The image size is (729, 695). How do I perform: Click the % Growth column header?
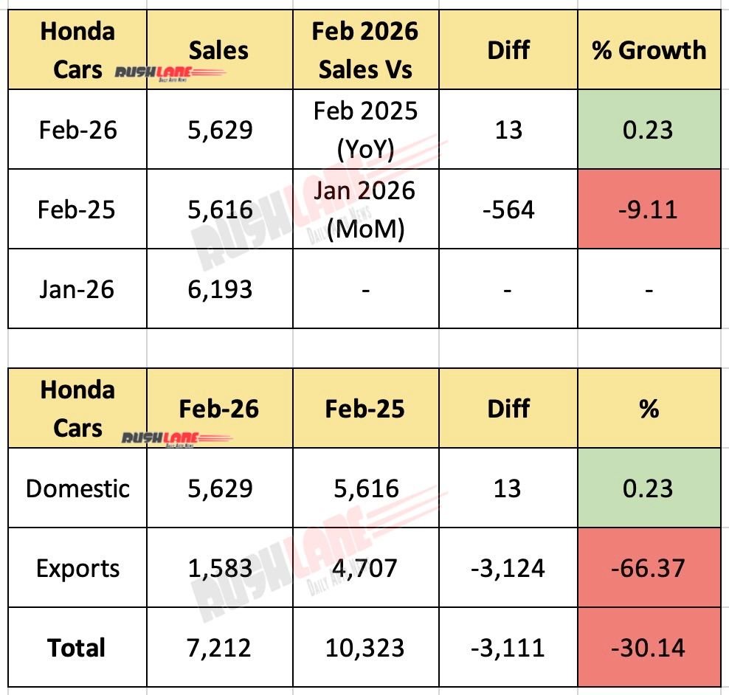pyautogui.click(x=649, y=50)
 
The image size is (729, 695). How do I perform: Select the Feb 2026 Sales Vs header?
pyautogui.click(x=364, y=50)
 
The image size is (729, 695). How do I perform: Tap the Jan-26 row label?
pyautogui.click(x=77, y=288)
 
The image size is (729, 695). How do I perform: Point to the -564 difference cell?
pyautogui.click(x=508, y=210)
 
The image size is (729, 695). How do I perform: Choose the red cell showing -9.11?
pyautogui.click(x=649, y=210)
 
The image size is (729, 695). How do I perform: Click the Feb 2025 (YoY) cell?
pyautogui.click(x=364, y=130)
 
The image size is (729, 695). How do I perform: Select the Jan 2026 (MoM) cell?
pyautogui.click(x=364, y=210)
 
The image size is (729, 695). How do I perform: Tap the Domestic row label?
pyautogui.click(x=77, y=488)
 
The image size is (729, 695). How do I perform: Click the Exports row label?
pyautogui.click(x=77, y=568)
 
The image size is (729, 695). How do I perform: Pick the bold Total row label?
pyautogui.click(x=77, y=648)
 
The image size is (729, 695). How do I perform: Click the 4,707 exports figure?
pyautogui.click(x=364, y=568)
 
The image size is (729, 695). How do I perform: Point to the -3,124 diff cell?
pyautogui.click(x=508, y=568)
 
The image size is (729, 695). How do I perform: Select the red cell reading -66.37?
pyautogui.click(x=649, y=568)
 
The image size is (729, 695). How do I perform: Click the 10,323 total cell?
pyautogui.click(x=364, y=648)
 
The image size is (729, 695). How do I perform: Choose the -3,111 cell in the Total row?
pyautogui.click(x=508, y=648)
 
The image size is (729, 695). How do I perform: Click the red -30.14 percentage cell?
pyautogui.click(x=649, y=648)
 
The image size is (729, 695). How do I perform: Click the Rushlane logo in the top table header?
pyautogui.click(x=170, y=73)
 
